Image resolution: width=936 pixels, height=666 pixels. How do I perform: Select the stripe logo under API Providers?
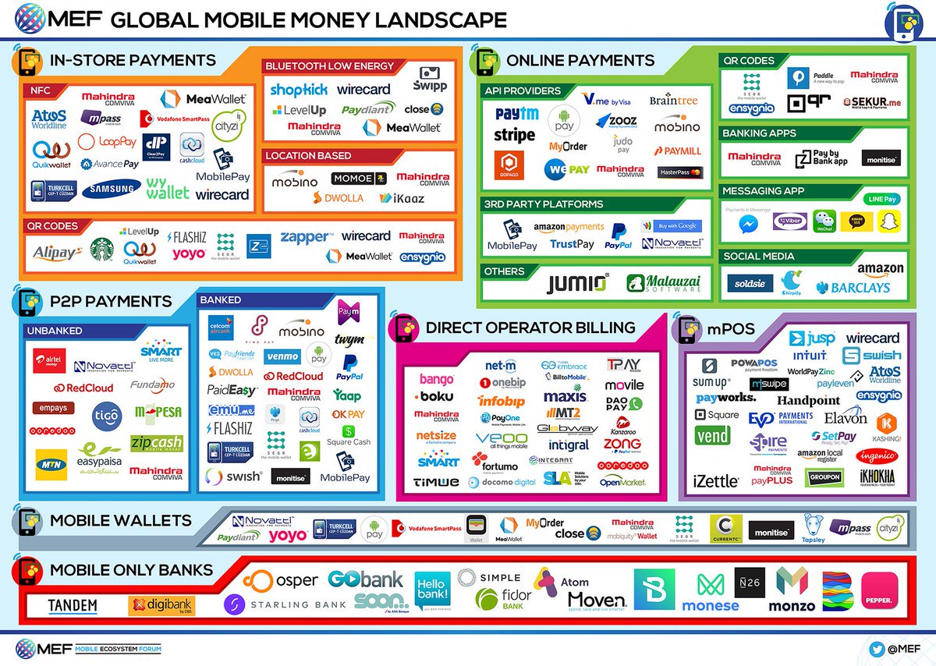[514, 136]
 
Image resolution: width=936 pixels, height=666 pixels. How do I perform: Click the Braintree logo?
[673, 101]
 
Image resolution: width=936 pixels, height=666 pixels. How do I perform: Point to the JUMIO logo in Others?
[576, 284]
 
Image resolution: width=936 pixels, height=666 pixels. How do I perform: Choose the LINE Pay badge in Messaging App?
[878, 199]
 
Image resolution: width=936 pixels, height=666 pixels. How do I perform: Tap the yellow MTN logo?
[51, 464]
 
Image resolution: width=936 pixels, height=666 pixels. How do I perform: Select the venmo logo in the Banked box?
[281, 356]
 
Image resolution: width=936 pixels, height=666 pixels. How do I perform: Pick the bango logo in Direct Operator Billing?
[437, 380]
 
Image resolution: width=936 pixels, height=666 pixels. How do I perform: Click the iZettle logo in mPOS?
[715, 481]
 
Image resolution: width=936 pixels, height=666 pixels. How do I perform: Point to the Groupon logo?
[824, 477]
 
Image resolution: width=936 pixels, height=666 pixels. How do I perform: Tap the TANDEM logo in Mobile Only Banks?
[73, 606]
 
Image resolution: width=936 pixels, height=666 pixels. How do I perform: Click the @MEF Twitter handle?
[899, 647]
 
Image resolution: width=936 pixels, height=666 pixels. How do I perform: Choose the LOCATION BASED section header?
[307, 156]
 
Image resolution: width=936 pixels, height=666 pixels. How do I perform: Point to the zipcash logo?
[156, 443]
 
